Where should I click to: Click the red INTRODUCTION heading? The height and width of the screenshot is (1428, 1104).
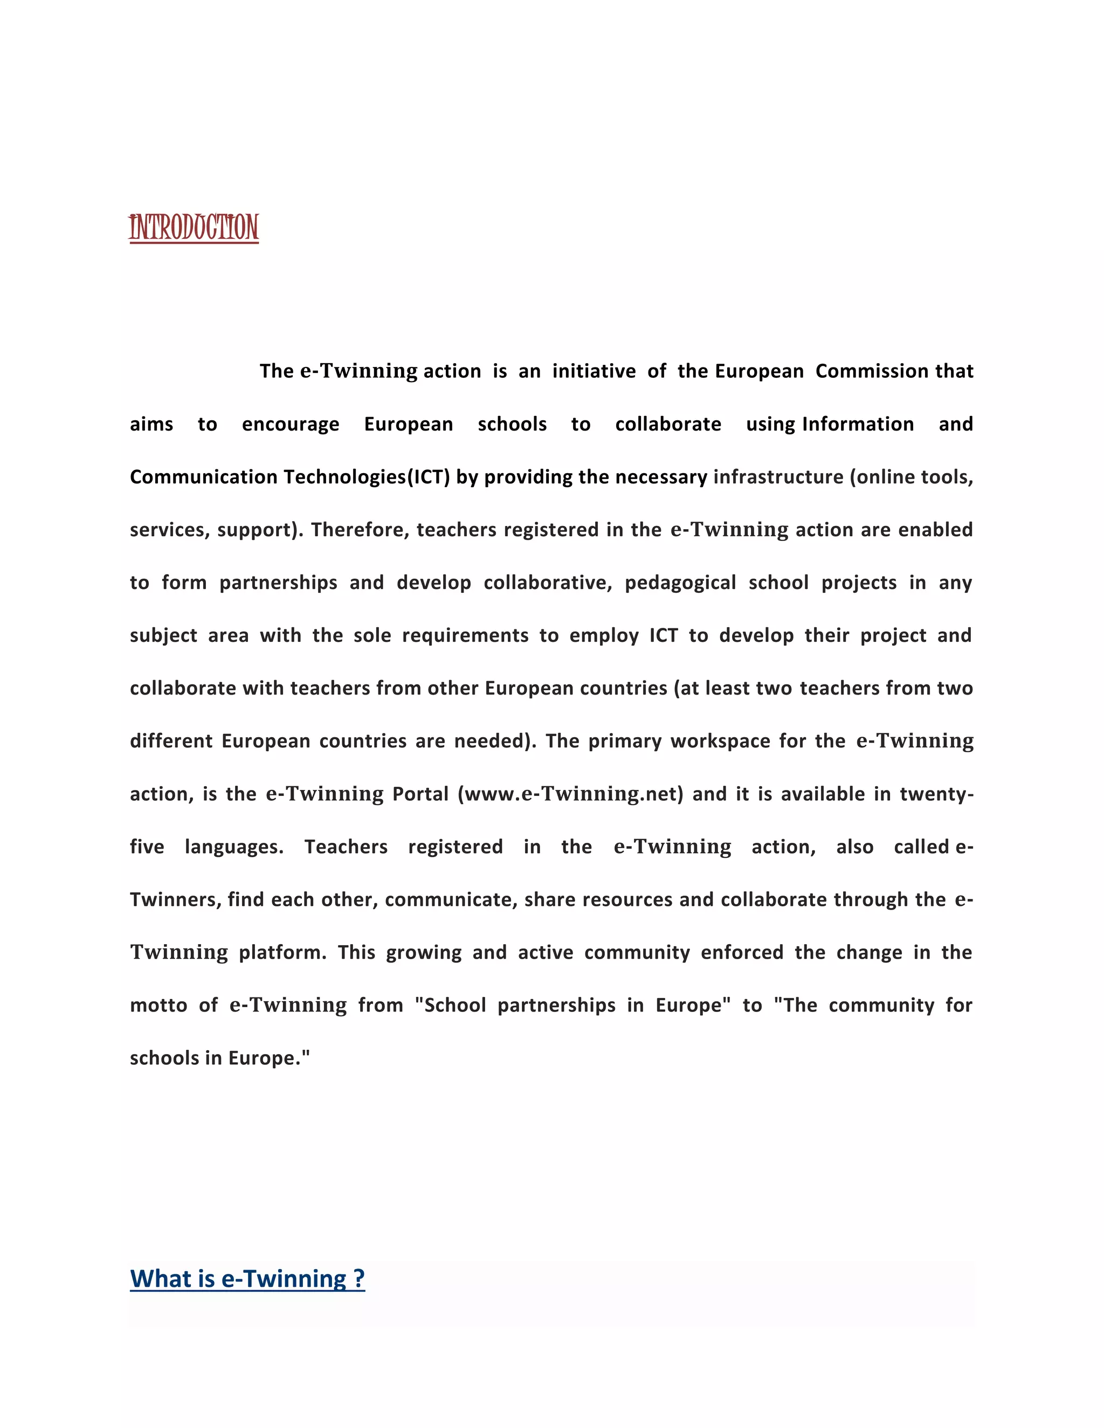pos(194,227)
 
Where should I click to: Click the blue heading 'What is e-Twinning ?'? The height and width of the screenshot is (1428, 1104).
pos(247,1278)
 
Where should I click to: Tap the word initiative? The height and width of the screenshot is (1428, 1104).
pos(594,371)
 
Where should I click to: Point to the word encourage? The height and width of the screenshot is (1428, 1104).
pos(291,424)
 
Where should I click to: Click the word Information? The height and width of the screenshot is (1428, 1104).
pos(858,424)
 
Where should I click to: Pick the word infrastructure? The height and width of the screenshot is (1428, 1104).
pos(778,477)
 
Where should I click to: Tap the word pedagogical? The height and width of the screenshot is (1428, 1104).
pos(680,583)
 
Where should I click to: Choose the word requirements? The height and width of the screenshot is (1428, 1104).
pos(465,635)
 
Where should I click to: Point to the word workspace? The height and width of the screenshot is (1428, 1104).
pos(720,741)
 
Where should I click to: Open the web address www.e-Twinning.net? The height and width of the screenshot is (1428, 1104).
pos(570,794)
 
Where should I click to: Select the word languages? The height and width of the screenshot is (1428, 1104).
pos(234,847)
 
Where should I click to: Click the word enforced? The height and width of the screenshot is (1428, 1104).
pos(742,953)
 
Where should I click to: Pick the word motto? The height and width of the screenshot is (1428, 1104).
pos(158,1006)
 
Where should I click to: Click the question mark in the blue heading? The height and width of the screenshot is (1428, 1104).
pos(358,1278)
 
